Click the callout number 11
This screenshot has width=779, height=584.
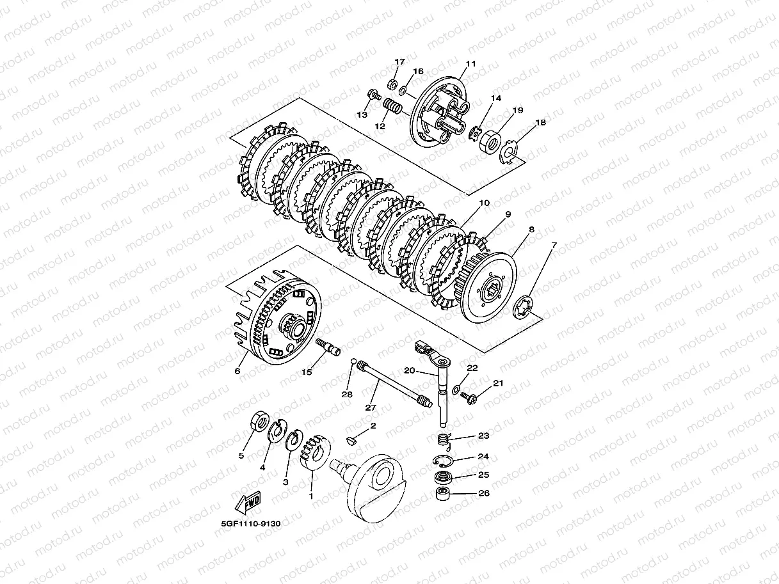[x=470, y=64]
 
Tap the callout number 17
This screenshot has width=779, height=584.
[x=399, y=61]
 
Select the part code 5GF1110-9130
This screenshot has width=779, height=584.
[x=251, y=524]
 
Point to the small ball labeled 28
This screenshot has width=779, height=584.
[x=353, y=361]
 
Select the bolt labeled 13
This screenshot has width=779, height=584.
[x=374, y=95]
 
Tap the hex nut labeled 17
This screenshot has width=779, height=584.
[x=392, y=84]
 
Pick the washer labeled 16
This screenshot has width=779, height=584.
[x=403, y=91]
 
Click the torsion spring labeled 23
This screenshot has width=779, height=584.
[x=445, y=442]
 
